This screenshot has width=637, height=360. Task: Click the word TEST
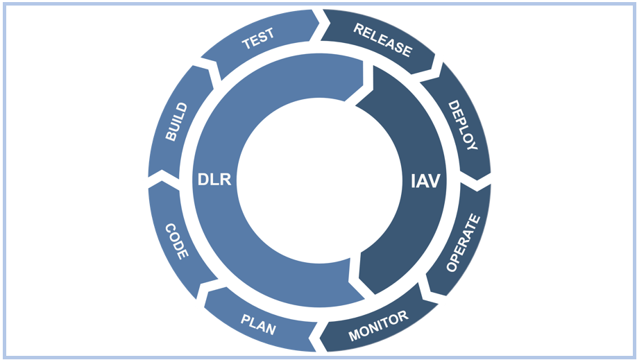click(x=258, y=39)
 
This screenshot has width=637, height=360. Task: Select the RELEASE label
click(x=382, y=40)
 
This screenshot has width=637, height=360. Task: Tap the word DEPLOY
click(x=462, y=126)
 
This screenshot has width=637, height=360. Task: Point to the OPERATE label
click(x=462, y=243)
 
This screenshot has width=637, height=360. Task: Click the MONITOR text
click(x=378, y=326)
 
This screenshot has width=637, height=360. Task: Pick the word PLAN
click(x=258, y=324)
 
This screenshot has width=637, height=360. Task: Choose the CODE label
click(x=176, y=241)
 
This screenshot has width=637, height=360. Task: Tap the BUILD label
click(x=176, y=122)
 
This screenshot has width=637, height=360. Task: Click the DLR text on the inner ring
click(x=214, y=180)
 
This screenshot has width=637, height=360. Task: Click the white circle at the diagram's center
click(x=319, y=180)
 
